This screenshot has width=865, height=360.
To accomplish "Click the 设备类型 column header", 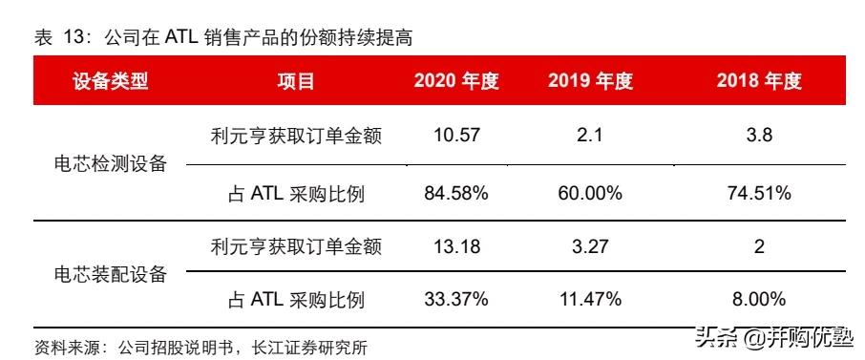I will point(111,81).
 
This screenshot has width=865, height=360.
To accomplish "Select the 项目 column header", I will point(296,81).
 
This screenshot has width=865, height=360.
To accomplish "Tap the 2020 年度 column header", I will point(456,81).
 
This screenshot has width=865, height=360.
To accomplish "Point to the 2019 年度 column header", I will point(590,81).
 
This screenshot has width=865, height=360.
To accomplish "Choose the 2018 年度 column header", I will point(759,81).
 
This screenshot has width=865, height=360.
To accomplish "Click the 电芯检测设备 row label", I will point(111,163).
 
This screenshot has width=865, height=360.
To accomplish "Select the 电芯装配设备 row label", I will point(111,275).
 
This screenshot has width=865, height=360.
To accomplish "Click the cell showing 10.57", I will point(456,136).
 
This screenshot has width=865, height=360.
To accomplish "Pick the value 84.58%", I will point(456,193).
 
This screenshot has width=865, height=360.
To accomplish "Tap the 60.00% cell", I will point(590,193).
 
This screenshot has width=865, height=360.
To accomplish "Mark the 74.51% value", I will point(759,193).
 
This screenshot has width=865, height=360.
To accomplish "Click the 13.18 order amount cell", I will point(456,247).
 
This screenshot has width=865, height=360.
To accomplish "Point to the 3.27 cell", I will point(590,247).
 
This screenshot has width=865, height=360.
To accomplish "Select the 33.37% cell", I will point(456,300).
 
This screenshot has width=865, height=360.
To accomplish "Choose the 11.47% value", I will point(590,300).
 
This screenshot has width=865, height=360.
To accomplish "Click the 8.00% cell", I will point(759,300).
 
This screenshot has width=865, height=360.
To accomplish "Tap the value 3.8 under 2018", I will point(759,136).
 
